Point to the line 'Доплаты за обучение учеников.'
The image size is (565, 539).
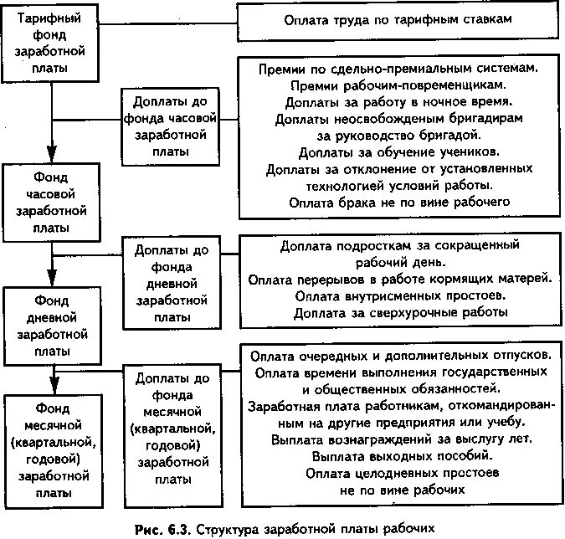398,151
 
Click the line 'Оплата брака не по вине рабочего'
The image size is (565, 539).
398,202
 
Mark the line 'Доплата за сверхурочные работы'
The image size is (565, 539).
397,312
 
